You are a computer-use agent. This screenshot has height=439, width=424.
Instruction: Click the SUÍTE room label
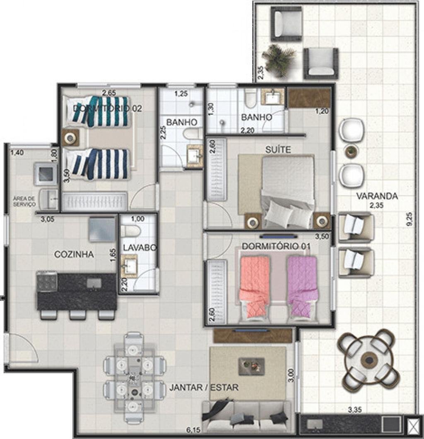pyautogui.click(x=278, y=150)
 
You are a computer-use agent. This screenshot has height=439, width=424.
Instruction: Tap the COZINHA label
pyautogui.click(x=74, y=255)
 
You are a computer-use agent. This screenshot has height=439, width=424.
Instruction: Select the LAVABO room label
pyautogui.click(x=140, y=248)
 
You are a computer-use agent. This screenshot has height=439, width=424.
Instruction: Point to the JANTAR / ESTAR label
pyautogui.click(x=204, y=388)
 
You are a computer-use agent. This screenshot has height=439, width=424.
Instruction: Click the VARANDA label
pyautogui.click(x=377, y=196)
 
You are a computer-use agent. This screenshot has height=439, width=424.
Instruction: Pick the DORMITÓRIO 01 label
pyautogui.click(x=276, y=246)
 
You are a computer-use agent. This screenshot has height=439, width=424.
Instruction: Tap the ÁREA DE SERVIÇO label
pyautogui.click(x=24, y=201)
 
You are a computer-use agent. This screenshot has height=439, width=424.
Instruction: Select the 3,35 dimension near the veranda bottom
pyautogui.click(x=354, y=410)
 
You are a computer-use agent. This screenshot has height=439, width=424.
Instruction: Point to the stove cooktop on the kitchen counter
pyautogui.click(x=47, y=281)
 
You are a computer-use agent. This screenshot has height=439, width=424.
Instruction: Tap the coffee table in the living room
pyautogui.click(x=251, y=367)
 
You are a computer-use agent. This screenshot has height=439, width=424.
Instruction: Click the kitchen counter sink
pyautogui.click(x=94, y=283)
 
